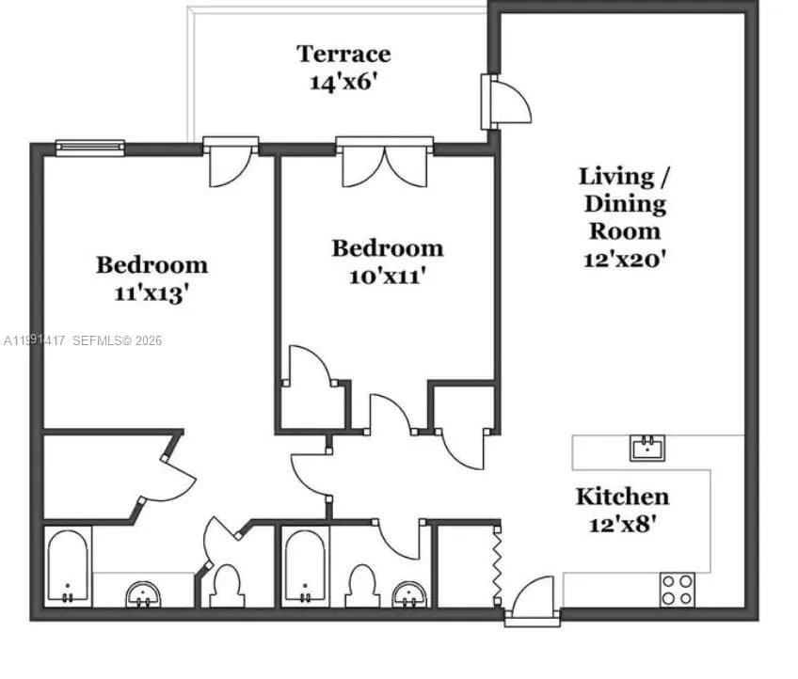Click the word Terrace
pos(343,54)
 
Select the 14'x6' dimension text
pos(343,82)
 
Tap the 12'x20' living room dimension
pos(625,259)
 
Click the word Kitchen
pos(622,497)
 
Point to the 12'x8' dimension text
pos(622,524)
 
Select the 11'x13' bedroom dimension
pos(152,292)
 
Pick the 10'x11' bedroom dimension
pos(387,276)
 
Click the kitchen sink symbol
pos(646,448)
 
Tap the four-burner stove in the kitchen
pos(677,590)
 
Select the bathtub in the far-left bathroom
pos(68,567)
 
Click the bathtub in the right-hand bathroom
pos(305,567)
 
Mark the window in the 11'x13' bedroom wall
pos(89,147)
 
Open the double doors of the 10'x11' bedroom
pos(385,164)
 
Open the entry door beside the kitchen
pos(534,599)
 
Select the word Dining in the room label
pos(625,203)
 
